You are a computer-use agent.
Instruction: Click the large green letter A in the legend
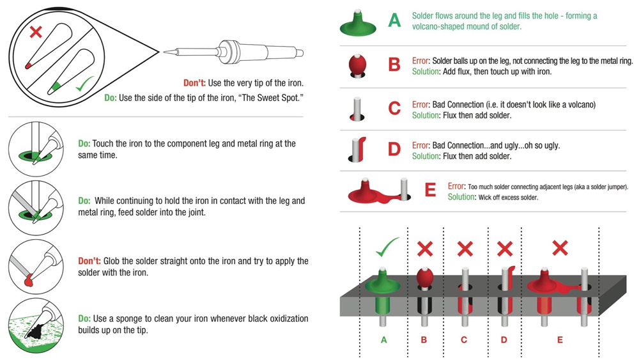(x=395, y=21)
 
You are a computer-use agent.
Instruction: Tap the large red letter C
(x=395, y=108)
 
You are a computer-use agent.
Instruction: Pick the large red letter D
(x=394, y=150)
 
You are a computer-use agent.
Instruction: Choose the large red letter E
(x=430, y=191)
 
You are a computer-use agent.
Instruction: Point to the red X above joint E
(x=560, y=248)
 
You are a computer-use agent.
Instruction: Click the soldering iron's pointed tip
(x=166, y=51)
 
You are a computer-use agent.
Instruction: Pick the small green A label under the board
(x=384, y=340)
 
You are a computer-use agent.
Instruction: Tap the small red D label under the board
(x=504, y=340)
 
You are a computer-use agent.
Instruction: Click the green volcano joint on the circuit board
(x=383, y=285)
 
